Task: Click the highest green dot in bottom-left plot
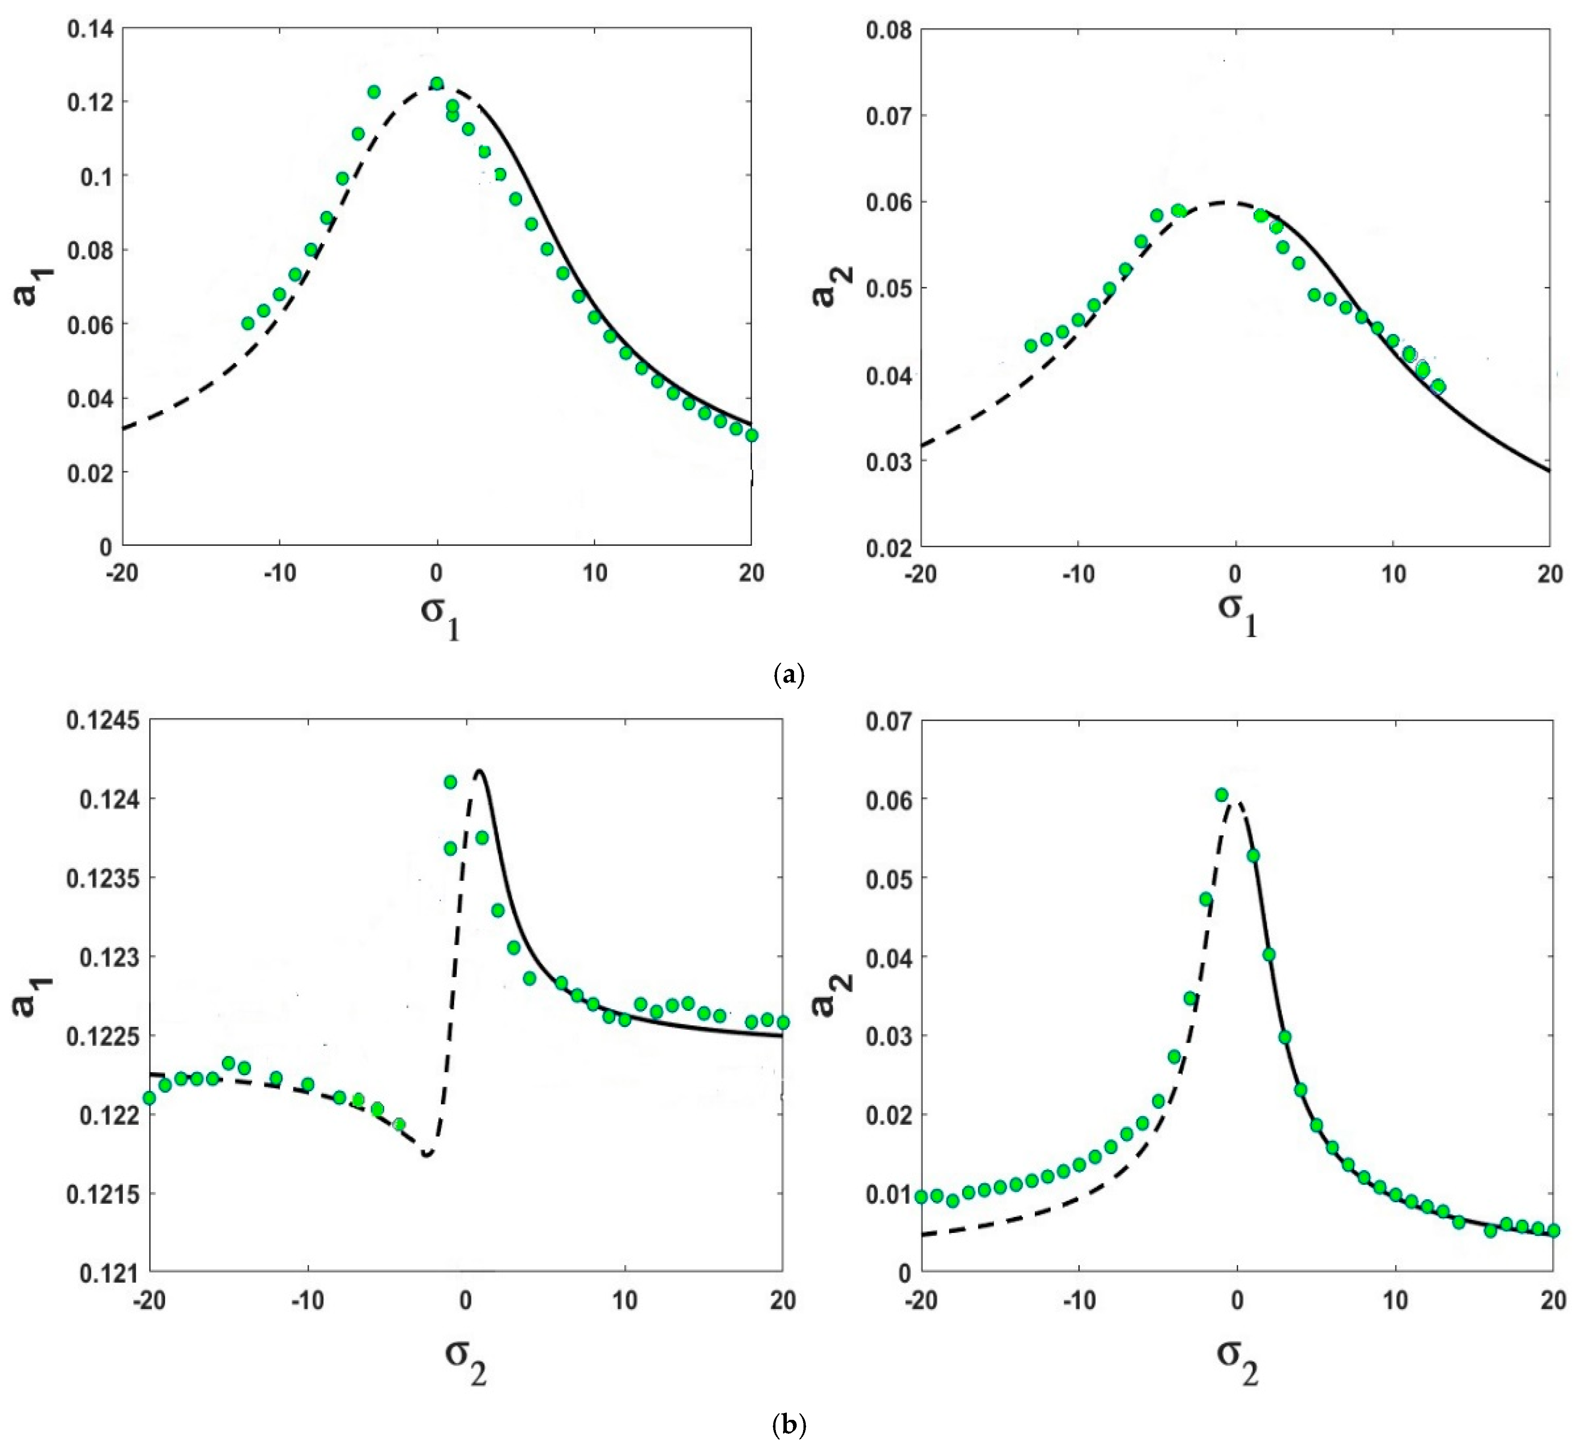tap(450, 782)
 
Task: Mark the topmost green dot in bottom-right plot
tap(1222, 795)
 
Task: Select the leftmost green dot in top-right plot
tap(1031, 346)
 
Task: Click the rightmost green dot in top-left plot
tap(752, 435)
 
